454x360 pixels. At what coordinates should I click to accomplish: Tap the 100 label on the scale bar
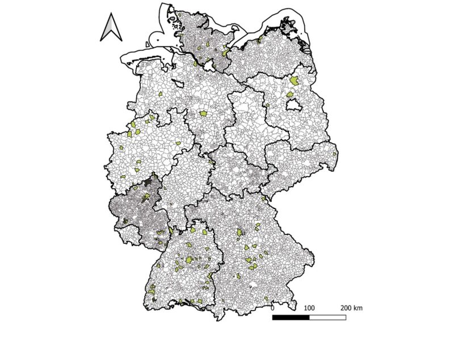309,307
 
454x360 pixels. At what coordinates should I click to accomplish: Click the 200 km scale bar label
351,307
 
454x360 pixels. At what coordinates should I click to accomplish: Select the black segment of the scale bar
291,317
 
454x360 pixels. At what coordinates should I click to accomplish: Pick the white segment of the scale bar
327,317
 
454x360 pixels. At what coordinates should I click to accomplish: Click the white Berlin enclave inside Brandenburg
294,106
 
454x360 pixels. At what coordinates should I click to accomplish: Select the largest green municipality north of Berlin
294,81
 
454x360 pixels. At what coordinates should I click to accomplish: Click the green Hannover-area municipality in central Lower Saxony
204,115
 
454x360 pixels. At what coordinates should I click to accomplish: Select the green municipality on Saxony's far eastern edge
335,153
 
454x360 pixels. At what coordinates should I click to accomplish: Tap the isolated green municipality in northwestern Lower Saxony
161,94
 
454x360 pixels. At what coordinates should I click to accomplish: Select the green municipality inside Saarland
125,221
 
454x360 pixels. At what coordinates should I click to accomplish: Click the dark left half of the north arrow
107,29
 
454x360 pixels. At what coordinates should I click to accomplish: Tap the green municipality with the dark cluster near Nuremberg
242,232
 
